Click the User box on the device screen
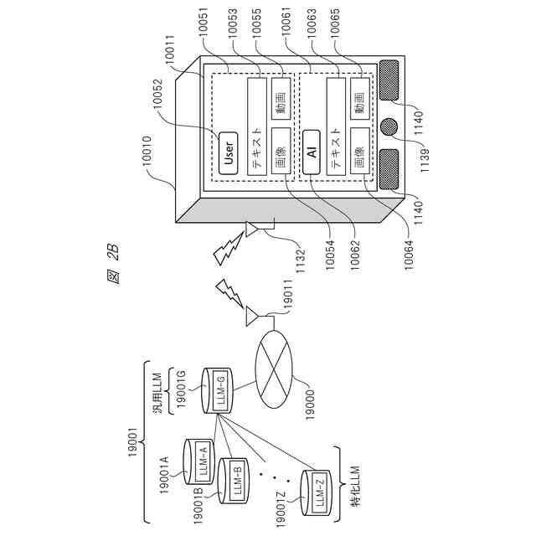227,149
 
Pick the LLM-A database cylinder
201,460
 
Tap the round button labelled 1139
389,127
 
